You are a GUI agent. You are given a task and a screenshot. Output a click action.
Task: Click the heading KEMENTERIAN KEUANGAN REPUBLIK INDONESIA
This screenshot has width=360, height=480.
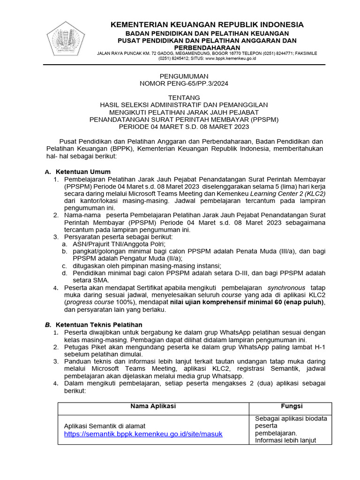tap(207, 25)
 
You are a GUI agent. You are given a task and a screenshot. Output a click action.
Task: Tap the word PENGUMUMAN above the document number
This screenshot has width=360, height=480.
tap(184, 76)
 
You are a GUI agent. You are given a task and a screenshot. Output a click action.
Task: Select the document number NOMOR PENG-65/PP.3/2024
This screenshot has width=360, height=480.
tap(184, 83)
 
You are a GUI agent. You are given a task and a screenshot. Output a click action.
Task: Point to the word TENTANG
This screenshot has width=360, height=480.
tap(184, 97)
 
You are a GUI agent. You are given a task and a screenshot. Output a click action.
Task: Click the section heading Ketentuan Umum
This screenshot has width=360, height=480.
tap(83, 172)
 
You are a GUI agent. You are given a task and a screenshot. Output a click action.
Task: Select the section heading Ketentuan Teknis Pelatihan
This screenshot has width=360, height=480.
tap(99, 324)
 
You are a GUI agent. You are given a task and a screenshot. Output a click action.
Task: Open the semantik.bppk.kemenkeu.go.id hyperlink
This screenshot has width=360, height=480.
tap(143, 434)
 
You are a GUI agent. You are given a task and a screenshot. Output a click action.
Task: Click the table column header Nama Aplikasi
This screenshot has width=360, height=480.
tap(153, 406)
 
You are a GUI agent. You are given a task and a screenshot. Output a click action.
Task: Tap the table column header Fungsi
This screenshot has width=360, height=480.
tap(291, 406)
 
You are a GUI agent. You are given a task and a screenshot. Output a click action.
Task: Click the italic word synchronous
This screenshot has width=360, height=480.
tap(286, 287)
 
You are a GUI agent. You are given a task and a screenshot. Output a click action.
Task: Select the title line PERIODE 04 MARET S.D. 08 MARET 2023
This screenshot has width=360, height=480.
tap(184, 127)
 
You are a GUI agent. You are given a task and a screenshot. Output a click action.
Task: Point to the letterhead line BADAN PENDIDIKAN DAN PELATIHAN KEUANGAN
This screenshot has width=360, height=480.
tap(207, 34)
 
